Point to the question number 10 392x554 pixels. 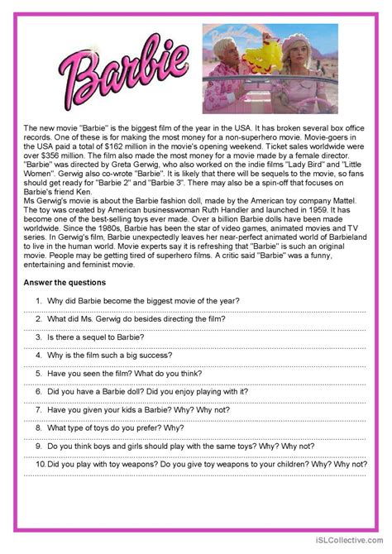40,464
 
